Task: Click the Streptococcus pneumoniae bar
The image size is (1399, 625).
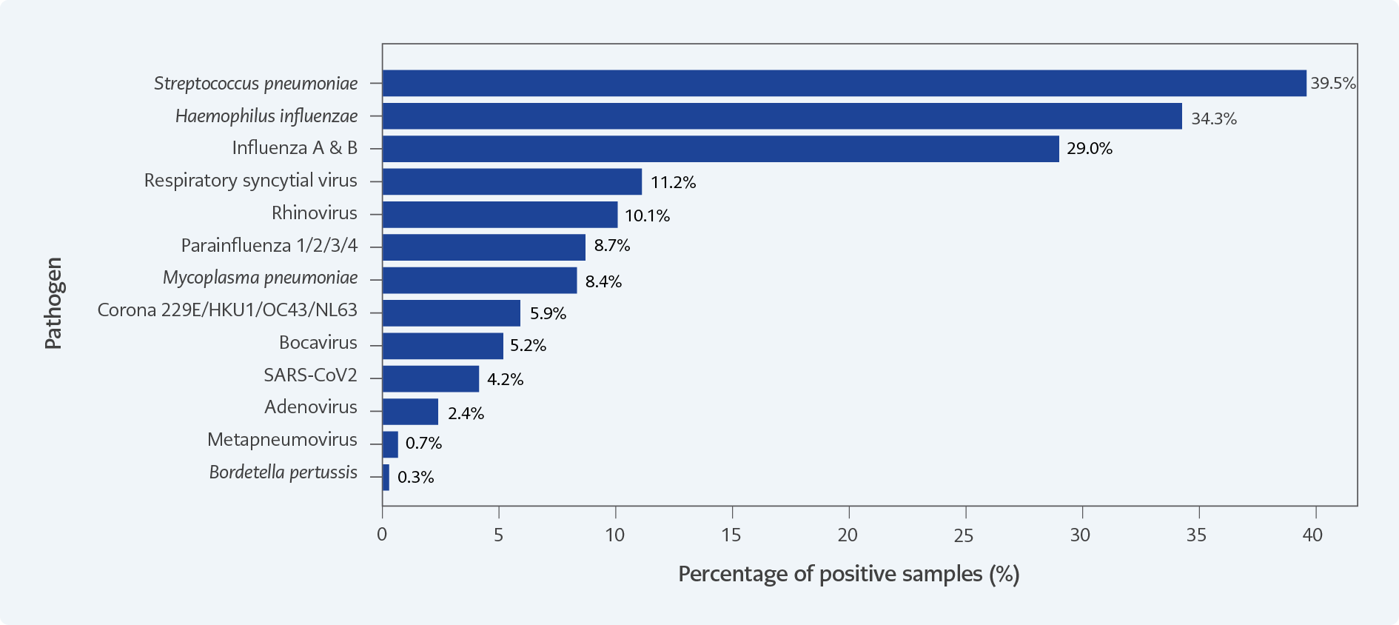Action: pos(844,83)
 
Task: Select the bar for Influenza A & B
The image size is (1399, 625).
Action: pos(720,149)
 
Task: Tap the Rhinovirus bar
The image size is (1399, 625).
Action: pos(500,215)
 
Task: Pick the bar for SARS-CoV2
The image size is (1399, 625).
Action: pos(431,378)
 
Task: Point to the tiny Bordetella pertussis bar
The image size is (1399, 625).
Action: pos(386,477)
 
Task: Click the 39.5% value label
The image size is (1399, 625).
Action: pos(1332,84)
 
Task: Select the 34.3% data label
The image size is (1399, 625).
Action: pos(1213,118)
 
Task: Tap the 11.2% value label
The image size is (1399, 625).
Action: pos(673,182)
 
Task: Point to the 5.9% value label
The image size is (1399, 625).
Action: pos(548,313)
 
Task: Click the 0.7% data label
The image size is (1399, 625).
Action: pos(423,443)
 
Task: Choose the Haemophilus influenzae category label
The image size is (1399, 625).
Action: pos(266,116)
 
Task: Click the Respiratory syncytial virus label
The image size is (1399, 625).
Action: pos(250,181)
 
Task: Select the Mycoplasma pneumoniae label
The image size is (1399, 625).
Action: pos(260,278)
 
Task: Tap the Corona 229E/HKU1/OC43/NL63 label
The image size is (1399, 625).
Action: pos(227,310)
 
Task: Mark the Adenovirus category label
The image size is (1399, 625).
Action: pos(311,407)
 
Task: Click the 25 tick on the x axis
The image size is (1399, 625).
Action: pos(964,535)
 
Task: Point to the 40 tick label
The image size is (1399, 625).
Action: pos(1312,535)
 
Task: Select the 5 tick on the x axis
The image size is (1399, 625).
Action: pos(499,535)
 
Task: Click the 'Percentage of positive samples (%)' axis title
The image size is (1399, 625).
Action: pos(848,574)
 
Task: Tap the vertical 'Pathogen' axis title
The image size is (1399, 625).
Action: pos(53,303)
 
